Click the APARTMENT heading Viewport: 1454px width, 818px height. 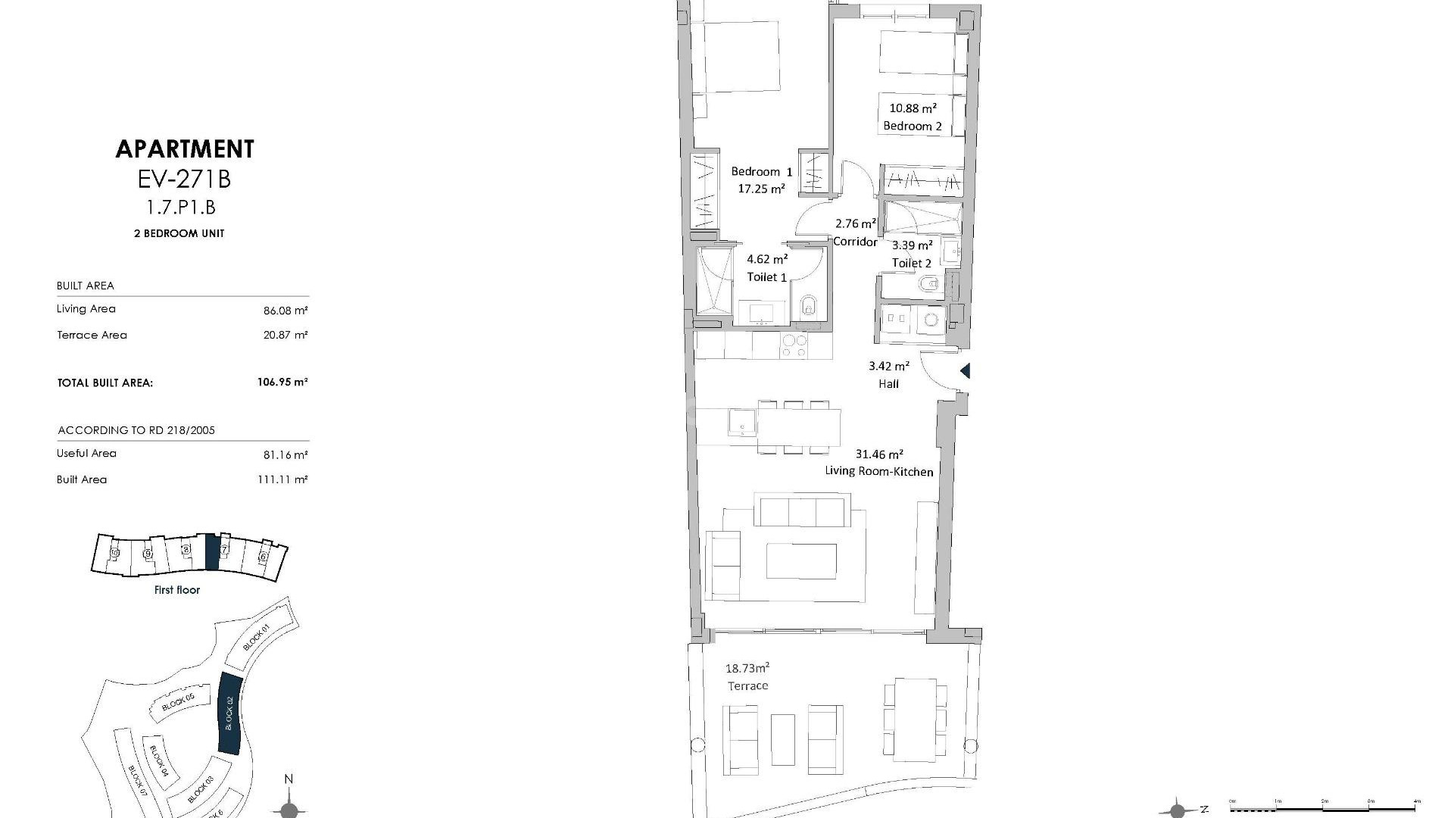coord(185,149)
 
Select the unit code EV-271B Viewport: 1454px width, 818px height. coord(185,180)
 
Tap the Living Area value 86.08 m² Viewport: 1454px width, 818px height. coord(285,311)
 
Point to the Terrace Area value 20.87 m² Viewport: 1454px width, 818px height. coord(285,335)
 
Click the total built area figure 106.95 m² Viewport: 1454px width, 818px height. coord(282,382)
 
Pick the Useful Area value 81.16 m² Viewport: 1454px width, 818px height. coord(285,455)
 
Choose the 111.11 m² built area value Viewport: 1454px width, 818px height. coord(282,479)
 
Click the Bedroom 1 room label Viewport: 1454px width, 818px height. coord(761,172)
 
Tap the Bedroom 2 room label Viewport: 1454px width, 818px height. coord(913,126)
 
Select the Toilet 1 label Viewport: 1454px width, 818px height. coord(766,277)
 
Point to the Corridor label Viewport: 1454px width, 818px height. coord(855,242)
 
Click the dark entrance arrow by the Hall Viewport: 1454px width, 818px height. coord(965,371)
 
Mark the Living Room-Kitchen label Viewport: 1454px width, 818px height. coord(878,471)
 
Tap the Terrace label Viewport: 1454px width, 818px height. coord(747,686)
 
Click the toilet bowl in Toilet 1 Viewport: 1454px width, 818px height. coord(809,306)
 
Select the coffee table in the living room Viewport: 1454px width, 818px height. coord(801,561)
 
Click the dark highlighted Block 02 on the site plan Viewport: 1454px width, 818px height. coord(229,713)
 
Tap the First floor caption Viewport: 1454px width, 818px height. coord(177,590)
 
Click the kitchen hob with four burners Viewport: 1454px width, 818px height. coord(794,346)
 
